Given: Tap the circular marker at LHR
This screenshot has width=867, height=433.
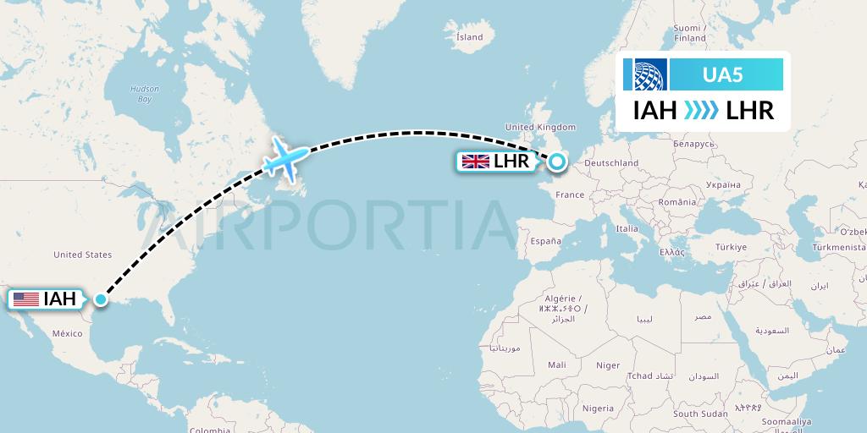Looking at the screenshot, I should click(557, 161).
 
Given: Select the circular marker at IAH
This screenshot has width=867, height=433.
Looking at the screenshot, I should click(102, 299).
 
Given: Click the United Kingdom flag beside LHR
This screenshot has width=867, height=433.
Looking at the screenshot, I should click(474, 161).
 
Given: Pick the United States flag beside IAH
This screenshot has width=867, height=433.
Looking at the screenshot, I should click(26, 299).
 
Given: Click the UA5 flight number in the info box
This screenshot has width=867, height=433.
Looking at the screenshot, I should click(722, 74).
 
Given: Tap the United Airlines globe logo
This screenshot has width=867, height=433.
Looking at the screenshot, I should click(645, 74).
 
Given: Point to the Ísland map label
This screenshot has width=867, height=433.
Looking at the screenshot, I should click(469, 37).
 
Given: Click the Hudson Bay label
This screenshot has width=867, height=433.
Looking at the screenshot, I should click(139, 94).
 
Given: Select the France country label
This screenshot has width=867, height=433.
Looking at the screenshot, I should click(570, 195).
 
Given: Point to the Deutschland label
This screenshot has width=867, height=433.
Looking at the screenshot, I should click(611, 163).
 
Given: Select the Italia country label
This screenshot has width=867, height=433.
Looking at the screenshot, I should click(627, 229).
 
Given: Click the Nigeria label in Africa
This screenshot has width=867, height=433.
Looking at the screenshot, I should click(598, 408).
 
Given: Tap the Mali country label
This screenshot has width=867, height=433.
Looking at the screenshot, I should click(556, 365).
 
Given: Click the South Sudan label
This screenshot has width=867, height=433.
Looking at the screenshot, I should click(700, 414).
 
